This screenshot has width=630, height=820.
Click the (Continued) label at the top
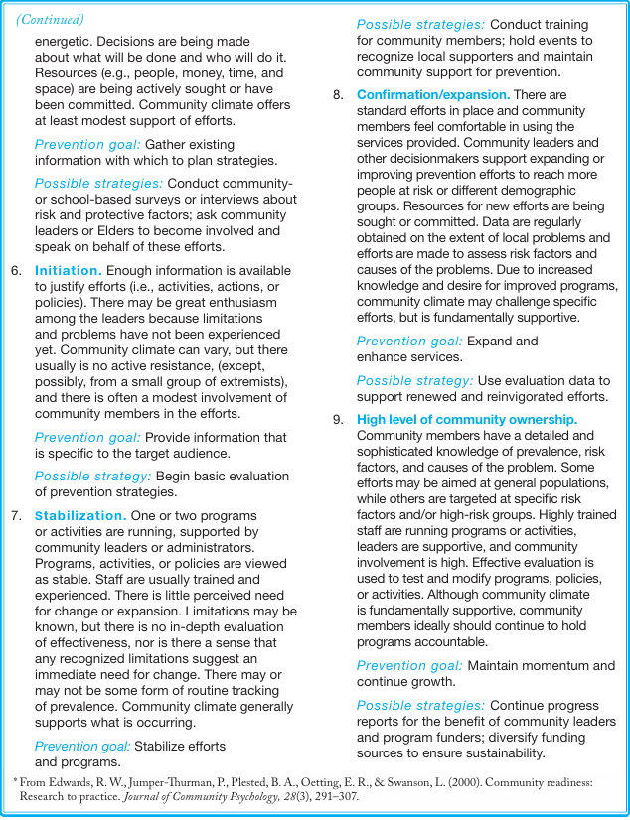[x=51, y=19]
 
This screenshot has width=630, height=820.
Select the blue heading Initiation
[x=69, y=270]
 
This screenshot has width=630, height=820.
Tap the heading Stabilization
[x=80, y=515]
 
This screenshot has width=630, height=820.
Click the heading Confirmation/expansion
[x=433, y=94]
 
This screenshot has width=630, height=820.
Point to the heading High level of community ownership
[x=467, y=419]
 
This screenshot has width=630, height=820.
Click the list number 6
[x=16, y=270]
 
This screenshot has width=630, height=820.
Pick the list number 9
[x=338, y=419]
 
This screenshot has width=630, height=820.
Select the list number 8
[x=338, y=94]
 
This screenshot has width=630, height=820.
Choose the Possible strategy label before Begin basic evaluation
[x=92, y=476]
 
